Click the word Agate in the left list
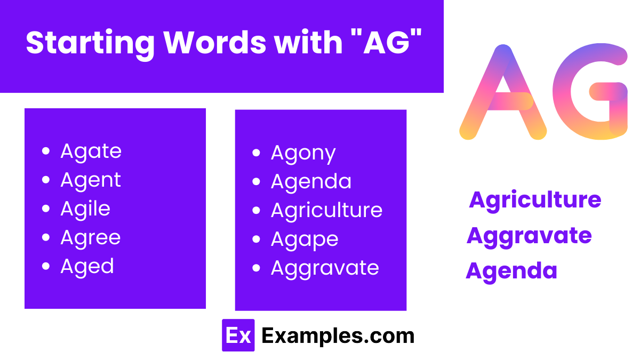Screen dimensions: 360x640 91,151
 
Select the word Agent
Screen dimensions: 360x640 91,180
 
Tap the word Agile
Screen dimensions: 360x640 85,209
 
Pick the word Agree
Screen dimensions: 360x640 91,238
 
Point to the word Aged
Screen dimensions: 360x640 87,266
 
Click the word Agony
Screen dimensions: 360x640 303,154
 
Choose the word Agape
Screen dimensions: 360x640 304,240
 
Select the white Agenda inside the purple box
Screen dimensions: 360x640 311,182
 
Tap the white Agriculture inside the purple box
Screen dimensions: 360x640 326,210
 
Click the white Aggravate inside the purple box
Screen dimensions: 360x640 325,268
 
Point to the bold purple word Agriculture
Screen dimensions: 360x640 535,200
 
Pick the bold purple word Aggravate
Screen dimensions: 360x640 529,236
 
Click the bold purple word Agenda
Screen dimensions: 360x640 511,271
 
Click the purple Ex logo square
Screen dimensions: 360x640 238,335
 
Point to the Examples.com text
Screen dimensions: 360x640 338,335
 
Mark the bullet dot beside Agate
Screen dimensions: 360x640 46,151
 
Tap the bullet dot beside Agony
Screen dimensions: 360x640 257,154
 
